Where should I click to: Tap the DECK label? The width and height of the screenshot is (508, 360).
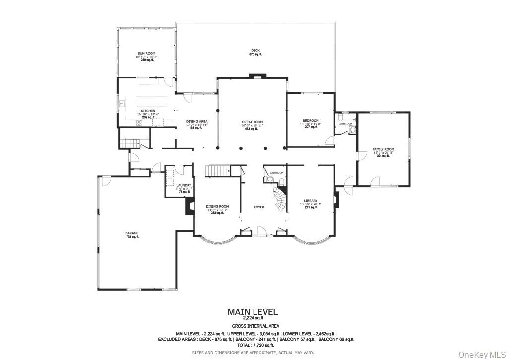(255, 50)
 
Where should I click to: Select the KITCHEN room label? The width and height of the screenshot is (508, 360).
(148, 111)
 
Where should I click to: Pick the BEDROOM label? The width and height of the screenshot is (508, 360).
(311, 121)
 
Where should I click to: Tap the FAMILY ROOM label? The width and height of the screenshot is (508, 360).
(383, 149)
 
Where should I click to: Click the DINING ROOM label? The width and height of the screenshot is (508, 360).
(217, 206)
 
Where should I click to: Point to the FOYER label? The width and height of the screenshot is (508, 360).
(259, 207)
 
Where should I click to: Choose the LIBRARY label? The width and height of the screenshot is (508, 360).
(311, 201)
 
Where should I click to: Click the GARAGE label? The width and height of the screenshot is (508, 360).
(131, 233)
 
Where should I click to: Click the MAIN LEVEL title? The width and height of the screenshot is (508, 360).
(253, 312)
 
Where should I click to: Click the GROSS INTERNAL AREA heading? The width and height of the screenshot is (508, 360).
(253, 326)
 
